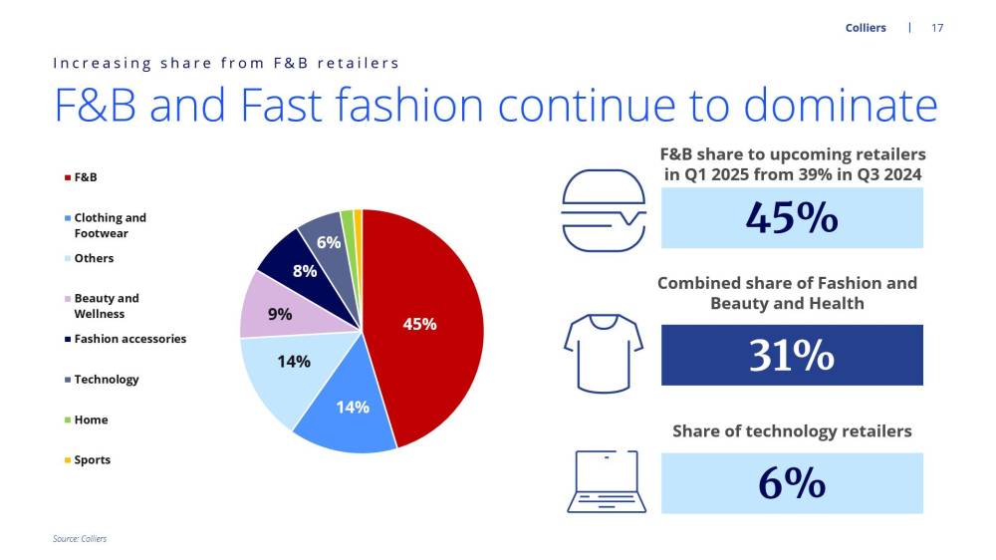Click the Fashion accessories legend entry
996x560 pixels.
coord(125,339)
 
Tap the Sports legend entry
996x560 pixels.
coord(87,459)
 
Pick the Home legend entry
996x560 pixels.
coord(86,420)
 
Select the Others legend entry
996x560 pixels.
coord(89,258)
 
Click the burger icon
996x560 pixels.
coord(604,210)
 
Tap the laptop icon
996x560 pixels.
coord(607,481)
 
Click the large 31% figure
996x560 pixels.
coord(792,355)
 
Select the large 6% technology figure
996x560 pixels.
coord(792,483)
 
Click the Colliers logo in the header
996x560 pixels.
coord(866,28)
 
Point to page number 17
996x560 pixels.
coord(937,28)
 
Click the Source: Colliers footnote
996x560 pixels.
coord(80,538)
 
